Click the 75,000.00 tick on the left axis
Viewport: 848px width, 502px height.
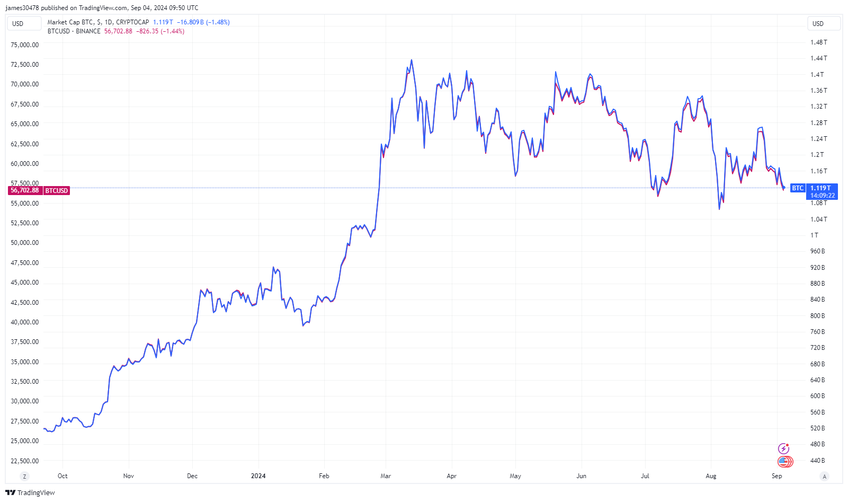click(24, 45)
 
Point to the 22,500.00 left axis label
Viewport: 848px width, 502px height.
click(24, 461)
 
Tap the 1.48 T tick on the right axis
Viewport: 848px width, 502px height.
click(818, 42)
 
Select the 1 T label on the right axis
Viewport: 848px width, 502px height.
click(814, 235)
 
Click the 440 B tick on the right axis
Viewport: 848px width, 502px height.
click(817, 461)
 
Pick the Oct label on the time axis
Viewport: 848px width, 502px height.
click(63, 476)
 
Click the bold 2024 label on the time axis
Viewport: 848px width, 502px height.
click(258, 476)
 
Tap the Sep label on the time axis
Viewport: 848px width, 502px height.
click(776, 476)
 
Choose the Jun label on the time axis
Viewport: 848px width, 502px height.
click(581, 476)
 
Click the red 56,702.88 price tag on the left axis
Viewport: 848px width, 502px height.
click(25, 190)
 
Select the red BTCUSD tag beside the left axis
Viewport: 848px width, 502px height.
click(56, 191)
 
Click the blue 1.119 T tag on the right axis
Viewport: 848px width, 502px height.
click(820, 188)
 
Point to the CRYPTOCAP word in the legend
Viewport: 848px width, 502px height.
click(132, 22)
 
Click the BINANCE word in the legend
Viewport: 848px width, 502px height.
click(88, 31)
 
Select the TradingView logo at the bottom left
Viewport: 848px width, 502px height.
click(30, 492)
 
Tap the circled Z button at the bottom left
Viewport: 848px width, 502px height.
click(24, 476)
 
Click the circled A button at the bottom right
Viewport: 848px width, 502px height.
click(824, 476)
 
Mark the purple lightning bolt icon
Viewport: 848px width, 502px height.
click(783, 449)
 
